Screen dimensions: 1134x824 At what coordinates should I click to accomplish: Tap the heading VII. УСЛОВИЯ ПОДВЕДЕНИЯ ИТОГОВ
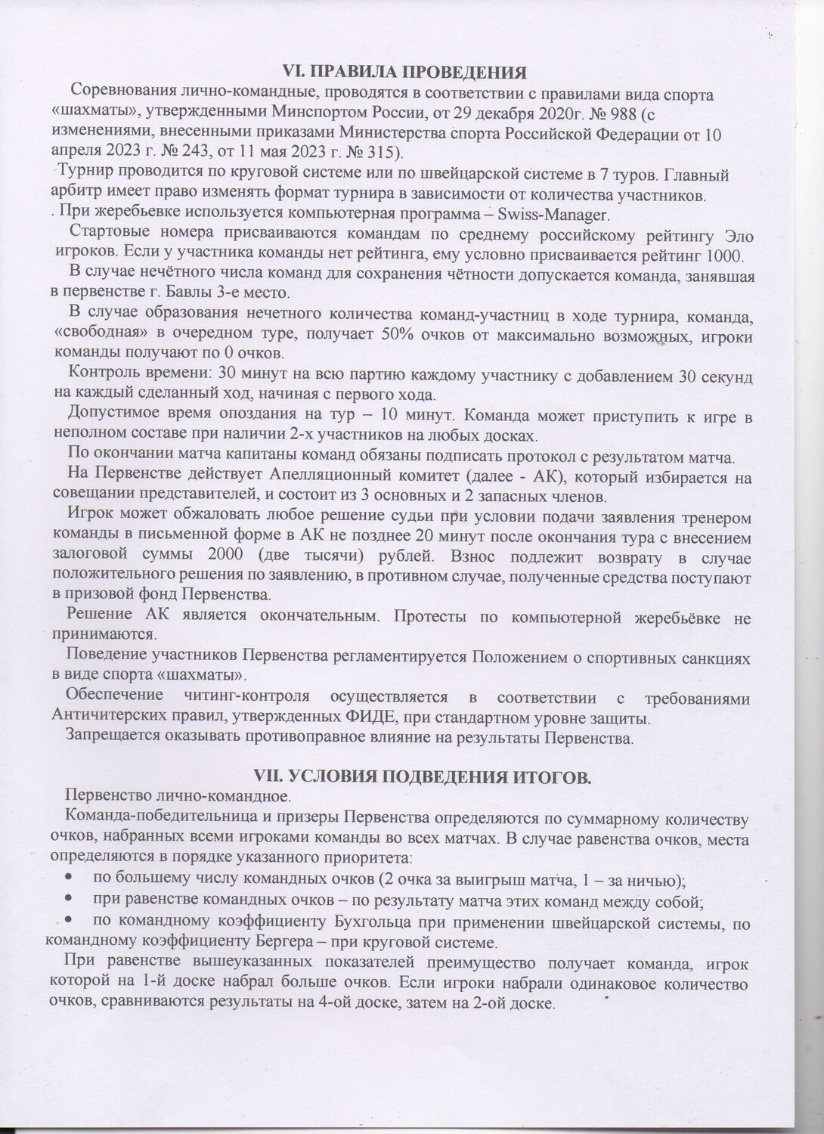(421, 778)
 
